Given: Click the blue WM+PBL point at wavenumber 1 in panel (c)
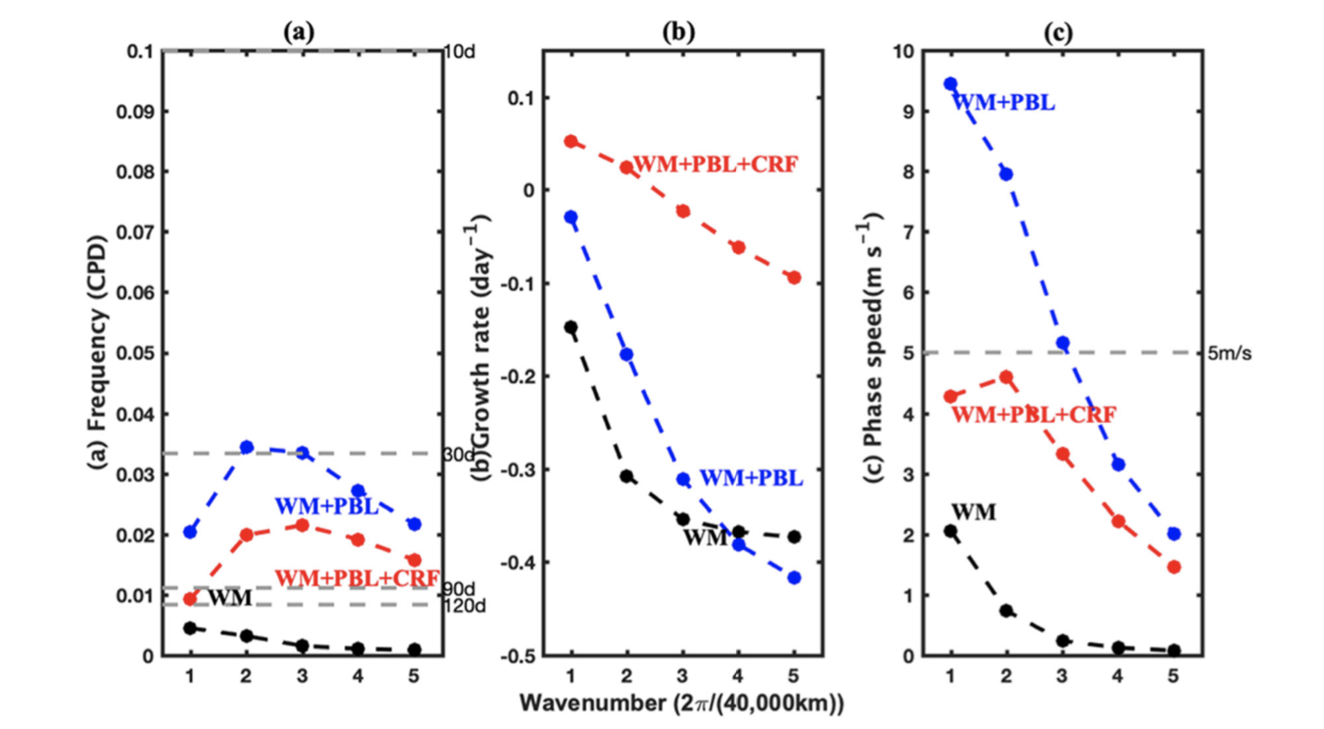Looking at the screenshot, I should point(950,84).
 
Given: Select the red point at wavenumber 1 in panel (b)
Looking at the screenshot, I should point(571,141).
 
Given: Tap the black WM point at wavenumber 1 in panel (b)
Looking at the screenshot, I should point(571,327).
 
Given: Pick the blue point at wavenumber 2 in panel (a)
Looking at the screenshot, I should point(247,447).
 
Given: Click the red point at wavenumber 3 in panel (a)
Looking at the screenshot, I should point(303,525).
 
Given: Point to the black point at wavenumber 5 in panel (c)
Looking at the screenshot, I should point(1174,651).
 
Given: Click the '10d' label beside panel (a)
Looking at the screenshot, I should point(459,52).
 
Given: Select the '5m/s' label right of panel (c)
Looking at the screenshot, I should point(1229,354).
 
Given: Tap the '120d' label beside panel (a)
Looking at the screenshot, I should point(464,607).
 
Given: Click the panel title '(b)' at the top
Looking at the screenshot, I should point(678,33).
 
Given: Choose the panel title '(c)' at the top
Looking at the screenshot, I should point(1058,33).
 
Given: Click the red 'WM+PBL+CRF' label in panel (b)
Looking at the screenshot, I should point(715,164).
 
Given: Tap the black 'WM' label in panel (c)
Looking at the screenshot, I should point(973,513).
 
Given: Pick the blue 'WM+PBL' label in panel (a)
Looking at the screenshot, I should point(326,507).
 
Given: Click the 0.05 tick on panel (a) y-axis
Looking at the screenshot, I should point(134,353).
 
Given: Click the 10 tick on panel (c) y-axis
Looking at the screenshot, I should point(903,52).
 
